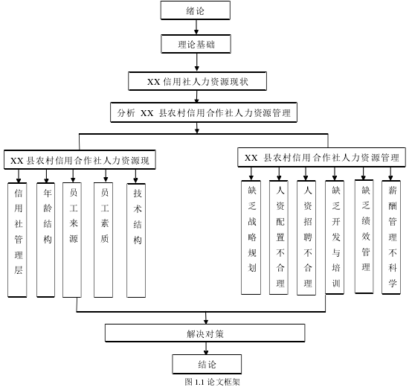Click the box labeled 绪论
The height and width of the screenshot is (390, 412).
click(x=196, y=10)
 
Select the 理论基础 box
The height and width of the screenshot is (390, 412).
click(x=196, y=44)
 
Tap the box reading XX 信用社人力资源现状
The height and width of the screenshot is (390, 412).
click(x=197, y=81)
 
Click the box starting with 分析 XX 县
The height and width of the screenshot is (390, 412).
click(x=204, y=112)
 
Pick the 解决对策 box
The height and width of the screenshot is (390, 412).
click(x=205, y=333)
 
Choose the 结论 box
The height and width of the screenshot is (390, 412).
click(x=207, y=364)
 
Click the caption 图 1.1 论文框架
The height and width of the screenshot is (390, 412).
click(x=212, y=382)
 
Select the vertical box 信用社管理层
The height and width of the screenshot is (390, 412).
click(x=17, y=240)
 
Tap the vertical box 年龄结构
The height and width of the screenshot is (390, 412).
click(x=45, y=240)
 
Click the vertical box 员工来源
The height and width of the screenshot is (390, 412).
click(x=72, y=240)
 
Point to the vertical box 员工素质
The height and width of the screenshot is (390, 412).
click(x=103, y=240)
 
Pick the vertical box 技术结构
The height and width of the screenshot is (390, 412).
click(x=136, y=240)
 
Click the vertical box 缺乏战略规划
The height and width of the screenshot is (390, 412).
click(x=251, y=237)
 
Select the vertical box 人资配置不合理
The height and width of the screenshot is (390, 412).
click(x=279, y=237)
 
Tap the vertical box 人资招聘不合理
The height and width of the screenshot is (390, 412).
click(x=306, y=237)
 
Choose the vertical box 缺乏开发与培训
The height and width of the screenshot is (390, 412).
click(x=335, y=237)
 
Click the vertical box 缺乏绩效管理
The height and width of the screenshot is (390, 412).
click(x=364, y=237)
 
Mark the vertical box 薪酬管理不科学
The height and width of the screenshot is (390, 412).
click(x=391, y=237)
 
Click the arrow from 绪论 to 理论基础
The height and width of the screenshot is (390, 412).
click(x=196, y=27)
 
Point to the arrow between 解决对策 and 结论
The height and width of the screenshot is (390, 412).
click(x=206, y=348)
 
